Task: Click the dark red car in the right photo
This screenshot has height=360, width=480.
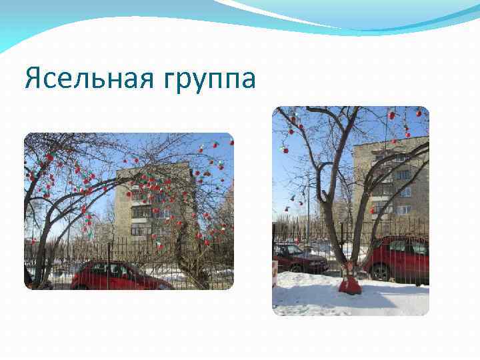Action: (x=298, y=258)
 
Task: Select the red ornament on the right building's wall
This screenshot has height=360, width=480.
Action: (x=373, y=211)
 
